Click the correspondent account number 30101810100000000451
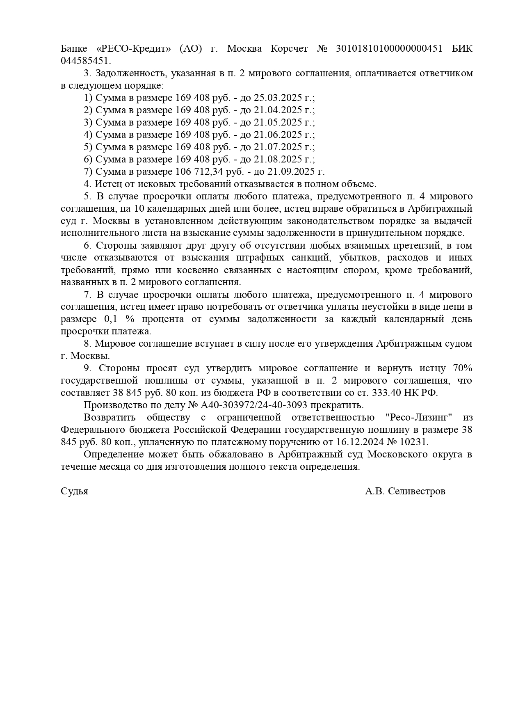(x=389, y=49)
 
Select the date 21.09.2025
(x=290, y=172)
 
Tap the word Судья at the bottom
(x=74, y=491)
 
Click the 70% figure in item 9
(x=462, y=368)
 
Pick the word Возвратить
(x=110, y=418)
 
